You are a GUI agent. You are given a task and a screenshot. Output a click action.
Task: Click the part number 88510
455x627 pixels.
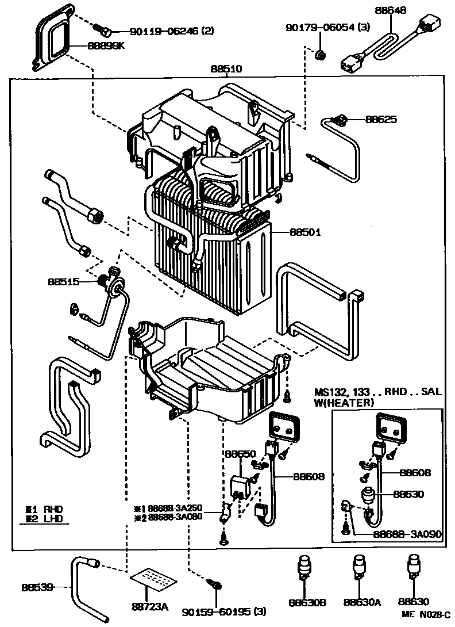226,69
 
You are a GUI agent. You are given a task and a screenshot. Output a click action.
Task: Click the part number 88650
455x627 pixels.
240,454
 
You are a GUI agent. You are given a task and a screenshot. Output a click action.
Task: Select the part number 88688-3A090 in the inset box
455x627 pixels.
407,534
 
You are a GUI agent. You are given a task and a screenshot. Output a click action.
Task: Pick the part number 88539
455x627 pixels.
38,587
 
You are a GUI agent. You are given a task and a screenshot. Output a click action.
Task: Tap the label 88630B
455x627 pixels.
307,602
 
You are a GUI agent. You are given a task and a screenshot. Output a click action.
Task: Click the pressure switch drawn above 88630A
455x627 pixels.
360,567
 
